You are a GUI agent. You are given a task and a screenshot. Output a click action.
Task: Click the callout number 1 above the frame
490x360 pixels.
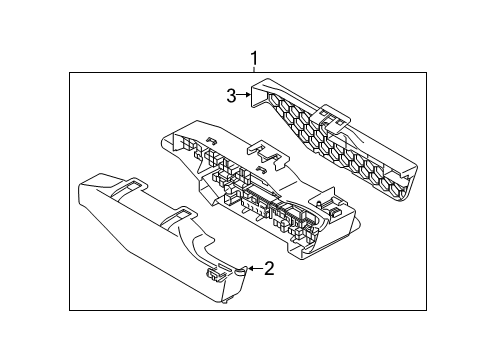254,57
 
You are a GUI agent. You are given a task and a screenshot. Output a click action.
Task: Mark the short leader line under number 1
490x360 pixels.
254,69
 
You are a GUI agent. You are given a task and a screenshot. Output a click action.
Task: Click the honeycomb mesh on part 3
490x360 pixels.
340,150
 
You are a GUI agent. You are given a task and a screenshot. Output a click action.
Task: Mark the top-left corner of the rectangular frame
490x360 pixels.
69,73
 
